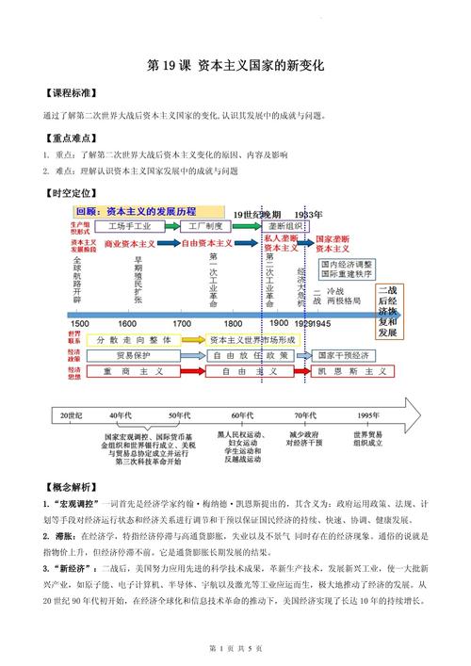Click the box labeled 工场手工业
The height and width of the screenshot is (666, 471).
(x=130, y=227)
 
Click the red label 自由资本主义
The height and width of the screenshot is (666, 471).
(x=205, y=242)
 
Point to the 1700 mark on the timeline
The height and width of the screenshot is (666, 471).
(x=207, y=323)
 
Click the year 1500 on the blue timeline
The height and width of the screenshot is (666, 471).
(x=80, y=323)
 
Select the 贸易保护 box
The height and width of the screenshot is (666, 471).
(x=130, y=356)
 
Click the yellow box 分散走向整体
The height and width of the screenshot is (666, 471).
(x=132, y=339)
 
